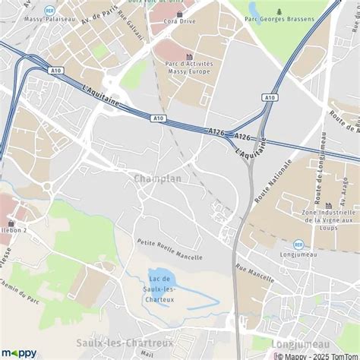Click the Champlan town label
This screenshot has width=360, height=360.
[x=157, y=178]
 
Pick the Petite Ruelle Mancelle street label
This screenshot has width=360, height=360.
[x=169, y=250]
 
